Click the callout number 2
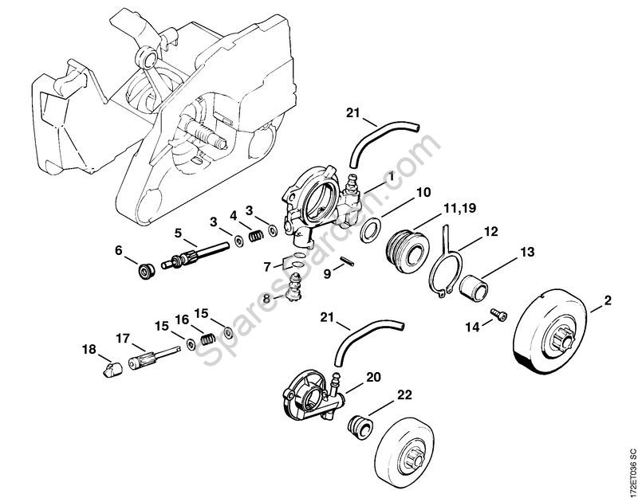(x=608, y=301)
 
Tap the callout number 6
(x=119, y=249)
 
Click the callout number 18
(x=88, y=347)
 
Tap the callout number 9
(x=327, y=273)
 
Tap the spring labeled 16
(x=207, y=338)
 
